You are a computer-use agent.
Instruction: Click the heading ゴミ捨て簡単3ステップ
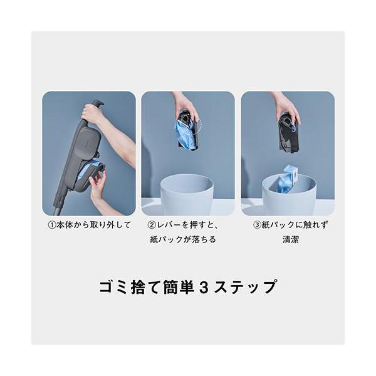pos(188,287)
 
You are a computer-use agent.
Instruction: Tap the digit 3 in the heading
pos(202,287)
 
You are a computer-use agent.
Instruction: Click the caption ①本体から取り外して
pos(89,225)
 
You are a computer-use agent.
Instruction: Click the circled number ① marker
pos(52,225)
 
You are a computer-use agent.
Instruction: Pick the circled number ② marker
pos(152,225)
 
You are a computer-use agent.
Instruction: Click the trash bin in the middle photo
pos(187,194)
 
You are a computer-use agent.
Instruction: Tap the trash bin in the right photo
pos(288,196)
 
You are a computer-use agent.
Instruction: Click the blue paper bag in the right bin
pos(287,180)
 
